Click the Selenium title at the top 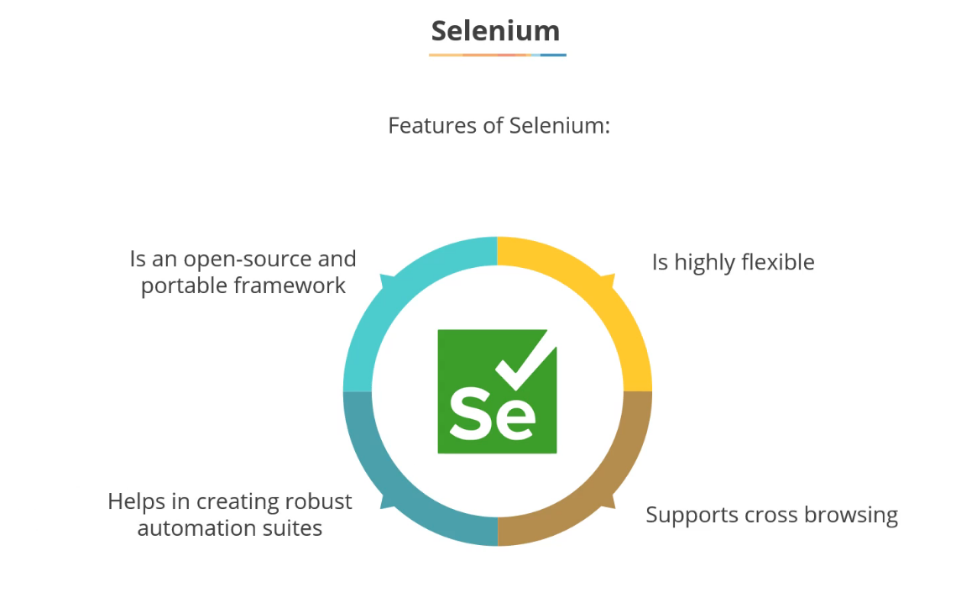(x=495, y=31)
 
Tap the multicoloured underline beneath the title (x=497, y=55)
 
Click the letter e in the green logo (x=515, y=417)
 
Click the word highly (x=702, y=263)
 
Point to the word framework (x=290, y=286)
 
